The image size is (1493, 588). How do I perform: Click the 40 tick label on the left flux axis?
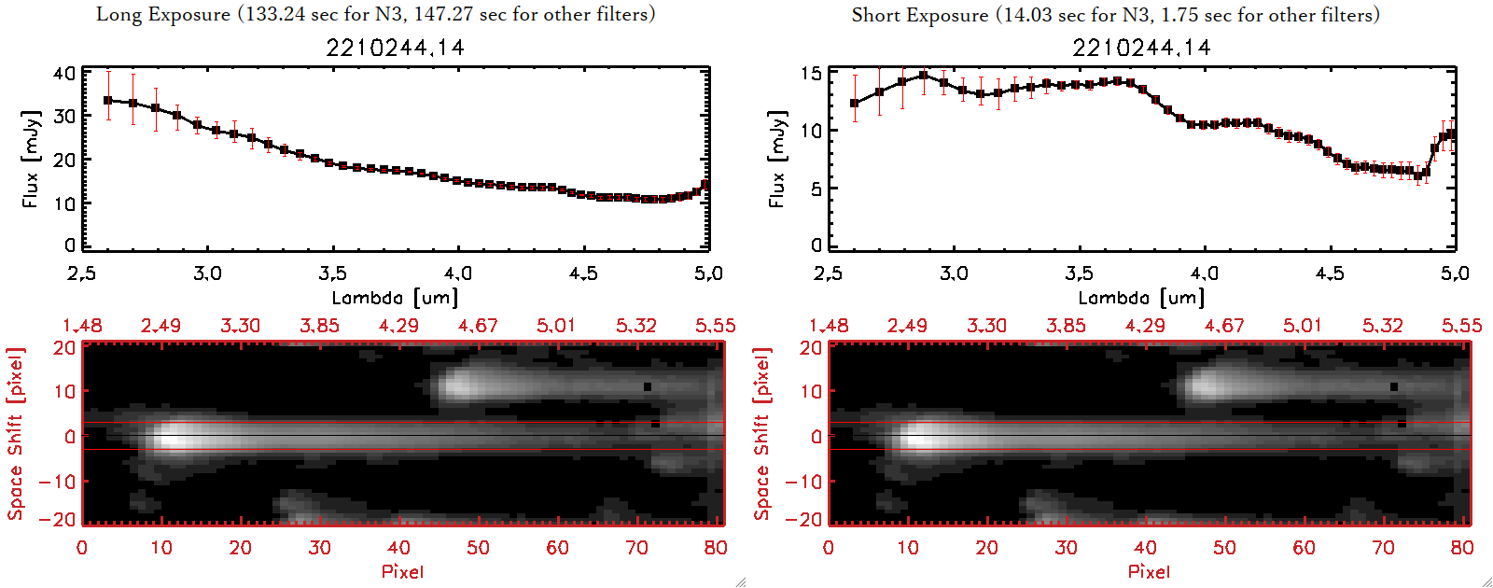click(x=64, y=74)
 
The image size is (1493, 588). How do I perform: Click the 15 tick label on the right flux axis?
click(x=811, y=74)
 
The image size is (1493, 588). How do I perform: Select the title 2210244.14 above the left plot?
click(x=395, y=48)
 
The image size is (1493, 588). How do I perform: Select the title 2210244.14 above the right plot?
click(x=1141, y=48)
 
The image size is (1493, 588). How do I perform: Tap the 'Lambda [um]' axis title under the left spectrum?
click(x=395, y=298)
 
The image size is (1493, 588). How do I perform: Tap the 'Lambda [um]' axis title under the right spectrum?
click(x=1141, y=298)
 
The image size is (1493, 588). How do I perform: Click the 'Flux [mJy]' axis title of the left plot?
click(x=31, y=159)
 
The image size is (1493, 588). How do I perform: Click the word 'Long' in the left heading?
click(x=117, y=14)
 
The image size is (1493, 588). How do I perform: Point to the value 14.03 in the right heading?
click(x=1026, y=15)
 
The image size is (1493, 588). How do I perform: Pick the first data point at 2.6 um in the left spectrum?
click(x=108, y=100)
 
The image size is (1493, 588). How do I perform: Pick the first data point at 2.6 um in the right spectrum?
click(x=855, y=104)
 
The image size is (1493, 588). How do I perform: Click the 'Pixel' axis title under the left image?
click(x=402, y=571)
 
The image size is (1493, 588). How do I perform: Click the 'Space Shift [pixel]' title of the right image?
click(x=762, y=434)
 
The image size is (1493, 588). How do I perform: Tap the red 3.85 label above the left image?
click(x=319, y=326)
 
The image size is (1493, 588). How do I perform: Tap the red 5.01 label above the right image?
click(x=1303, y=326)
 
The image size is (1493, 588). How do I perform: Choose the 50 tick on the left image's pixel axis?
click(x=478, y=548)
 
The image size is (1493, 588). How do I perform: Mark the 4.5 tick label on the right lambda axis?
click(x=1330, y=273)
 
